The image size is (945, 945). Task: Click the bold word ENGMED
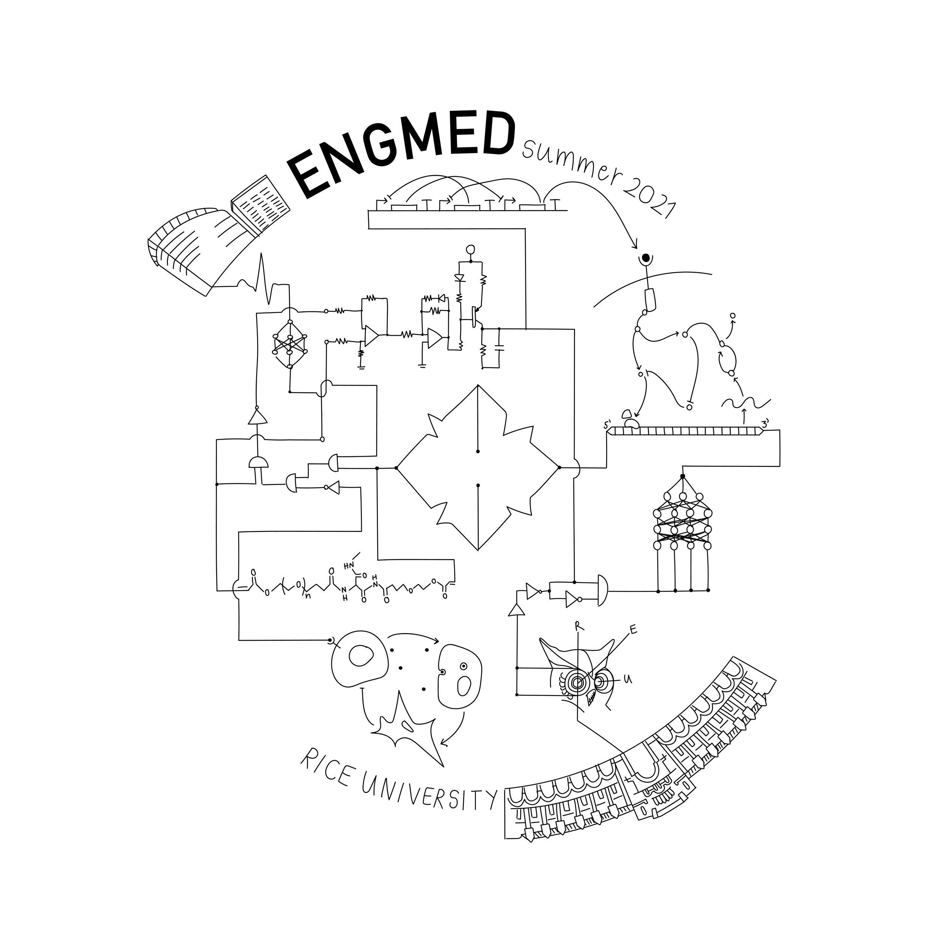point(401,152)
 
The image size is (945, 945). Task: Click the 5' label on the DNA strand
point(608,425)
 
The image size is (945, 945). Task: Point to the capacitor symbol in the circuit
point(499,348)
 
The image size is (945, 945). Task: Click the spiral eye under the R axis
point(578,681)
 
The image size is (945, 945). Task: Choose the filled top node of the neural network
point(683,476)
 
